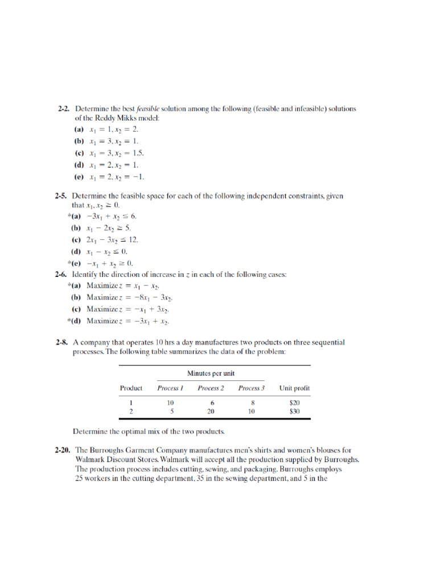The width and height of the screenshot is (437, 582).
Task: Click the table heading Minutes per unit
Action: click(x=211, y=373)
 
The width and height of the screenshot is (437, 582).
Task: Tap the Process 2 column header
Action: click(x=211, y=388)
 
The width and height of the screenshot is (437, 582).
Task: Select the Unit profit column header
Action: click(x=294, y=388)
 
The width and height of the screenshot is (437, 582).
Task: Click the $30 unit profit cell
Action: click(x=294, y=411)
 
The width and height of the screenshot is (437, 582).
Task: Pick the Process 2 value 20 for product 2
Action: click(x=211, y=411)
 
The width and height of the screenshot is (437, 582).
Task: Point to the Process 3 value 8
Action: click(x=251, y=402)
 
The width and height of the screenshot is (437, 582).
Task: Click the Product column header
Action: click(x=131, y=388)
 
